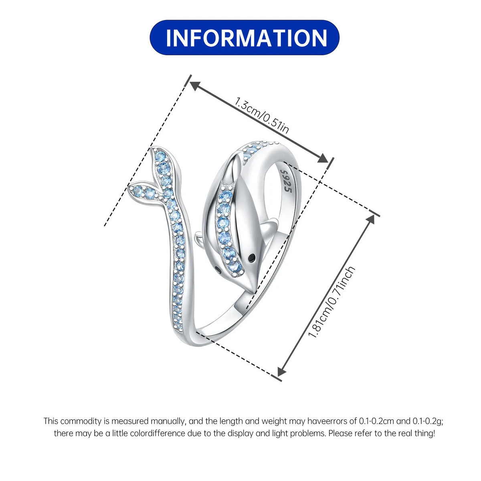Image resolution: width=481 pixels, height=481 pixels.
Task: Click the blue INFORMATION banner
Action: click(245, 37)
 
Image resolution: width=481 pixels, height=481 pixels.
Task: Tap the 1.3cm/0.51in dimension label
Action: click(262, 116)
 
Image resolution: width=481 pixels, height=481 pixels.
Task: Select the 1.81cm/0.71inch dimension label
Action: click(332, 302)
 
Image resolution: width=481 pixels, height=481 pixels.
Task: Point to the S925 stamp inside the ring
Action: click(286, 181)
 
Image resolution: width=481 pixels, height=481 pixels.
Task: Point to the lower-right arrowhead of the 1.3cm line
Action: click(323, 158)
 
